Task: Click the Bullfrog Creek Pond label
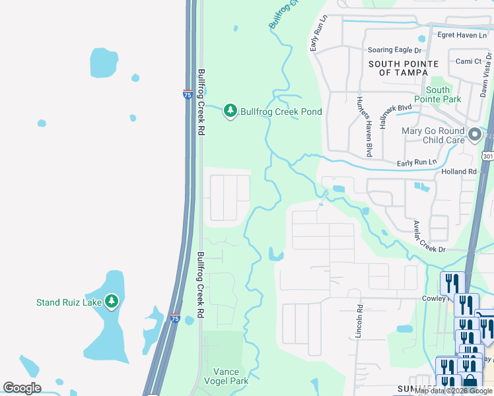coord(281,112)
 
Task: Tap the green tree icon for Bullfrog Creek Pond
coord(230,111)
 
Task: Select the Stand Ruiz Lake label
coord(69,303)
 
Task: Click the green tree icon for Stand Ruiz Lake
coord(112,302)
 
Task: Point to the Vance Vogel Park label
coord(226,377)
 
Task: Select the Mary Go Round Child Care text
coord(433,135)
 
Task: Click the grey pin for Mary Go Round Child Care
coord(474,135)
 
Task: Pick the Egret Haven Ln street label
coord(460,34)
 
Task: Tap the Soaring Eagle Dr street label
coord(394,50)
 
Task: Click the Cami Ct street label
coord(469,61)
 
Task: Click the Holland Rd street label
coord(459,172)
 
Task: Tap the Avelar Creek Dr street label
coord(429,236)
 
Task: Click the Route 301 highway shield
coord(487,156)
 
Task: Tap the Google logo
coord(22,387)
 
